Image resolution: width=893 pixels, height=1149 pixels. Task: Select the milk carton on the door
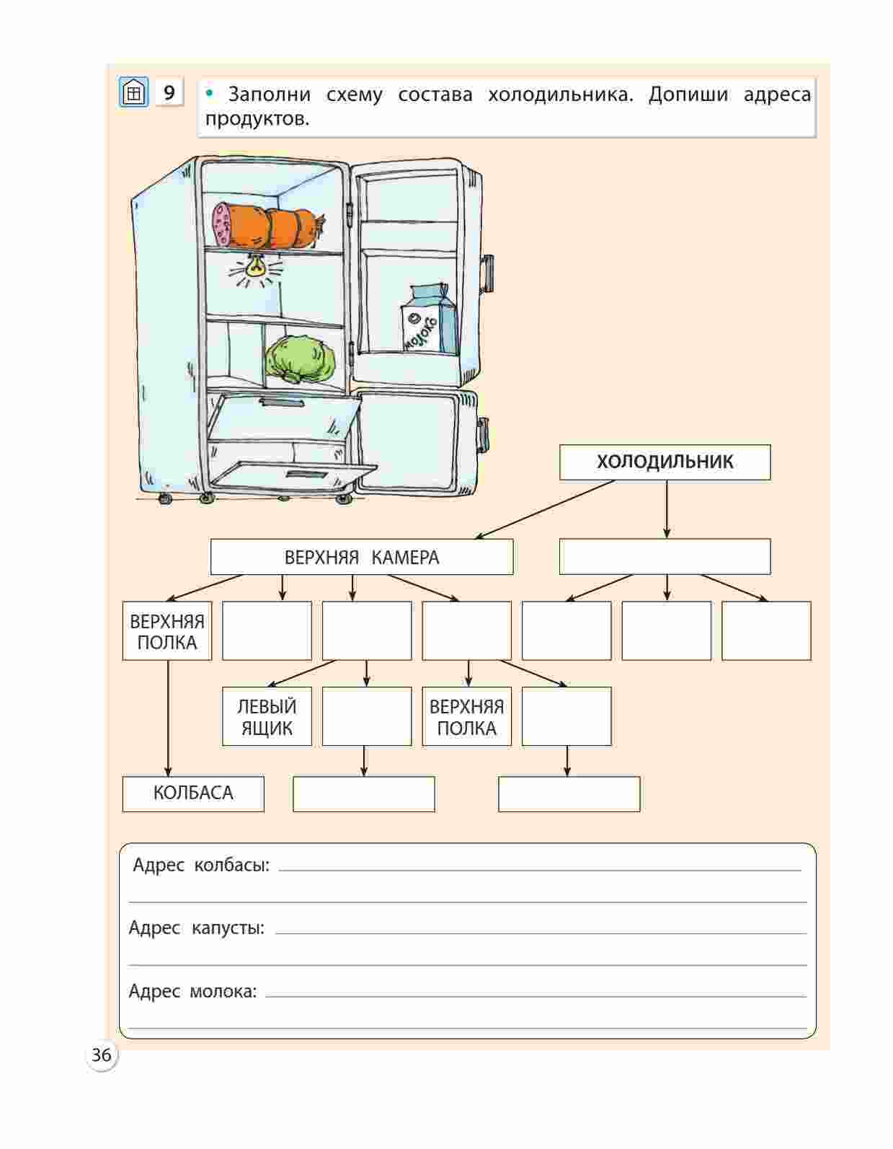pos(428,320)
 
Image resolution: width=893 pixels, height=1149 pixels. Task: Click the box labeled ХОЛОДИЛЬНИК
pos(665,462)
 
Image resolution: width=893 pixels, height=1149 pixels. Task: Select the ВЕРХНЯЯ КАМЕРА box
pos(361,558)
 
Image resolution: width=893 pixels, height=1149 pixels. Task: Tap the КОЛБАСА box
pos(193,793)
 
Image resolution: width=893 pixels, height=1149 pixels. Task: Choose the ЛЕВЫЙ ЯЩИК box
pos(267,716)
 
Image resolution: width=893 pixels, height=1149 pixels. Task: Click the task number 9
pos(169,93)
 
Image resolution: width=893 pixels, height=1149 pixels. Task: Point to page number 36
pos(102,1055)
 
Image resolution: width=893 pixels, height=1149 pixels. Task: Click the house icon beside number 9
pos(133,93)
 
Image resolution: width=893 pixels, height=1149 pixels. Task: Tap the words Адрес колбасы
pos(201,865)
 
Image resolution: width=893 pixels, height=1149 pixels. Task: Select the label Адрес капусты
pos(197,928)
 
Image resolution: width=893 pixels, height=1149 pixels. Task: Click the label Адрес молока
pos(192,991)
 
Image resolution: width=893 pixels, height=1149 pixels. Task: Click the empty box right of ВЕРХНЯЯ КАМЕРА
pos(665,558)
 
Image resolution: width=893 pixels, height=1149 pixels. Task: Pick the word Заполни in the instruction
pos(269,94)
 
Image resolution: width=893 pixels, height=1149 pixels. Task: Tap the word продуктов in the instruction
pos(257,119)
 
